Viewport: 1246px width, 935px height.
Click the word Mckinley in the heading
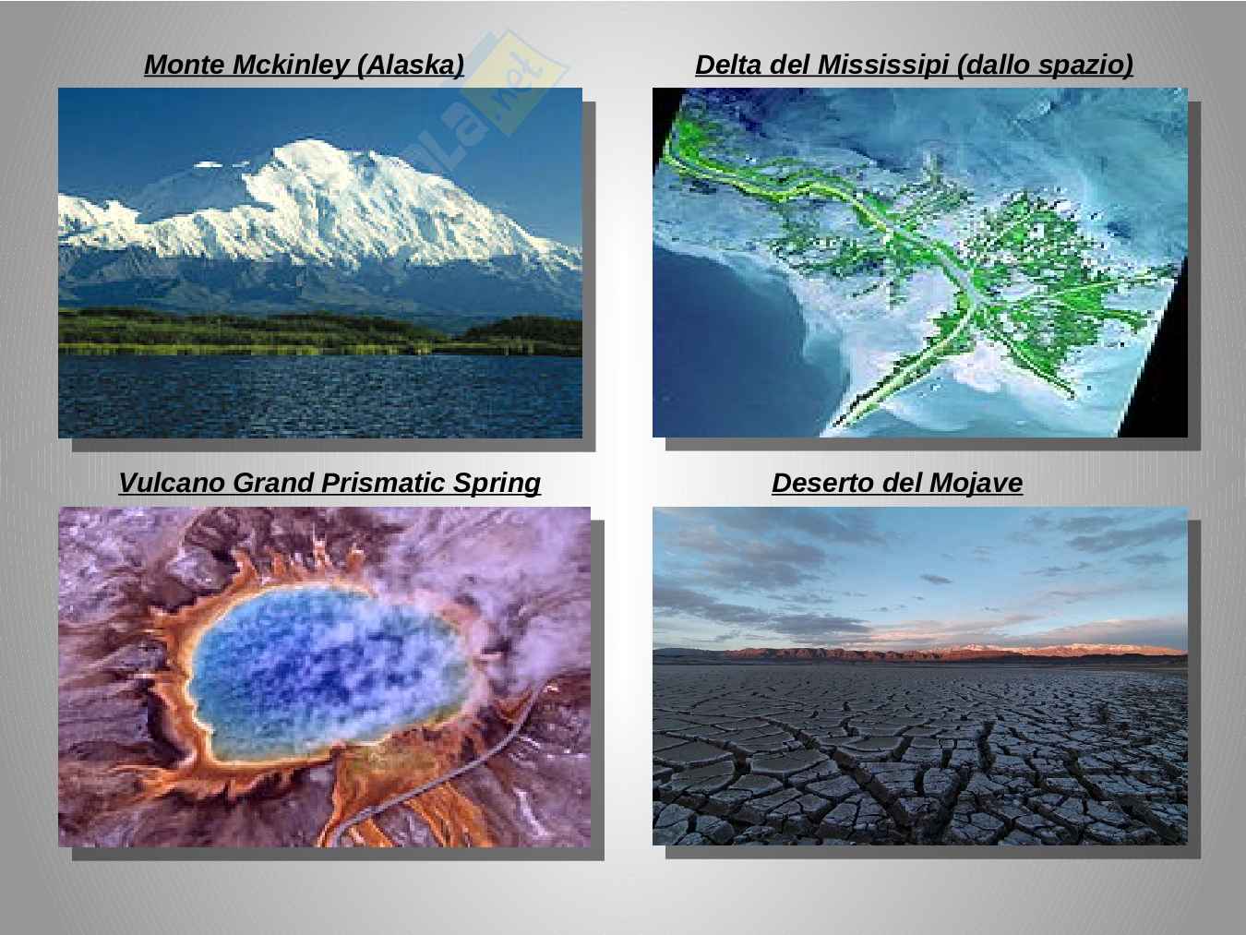(291, 65)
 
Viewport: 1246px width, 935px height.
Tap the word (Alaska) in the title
(411, 65)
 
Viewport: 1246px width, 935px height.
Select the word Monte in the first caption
(186, 65)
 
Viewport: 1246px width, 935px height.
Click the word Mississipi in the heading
(882, 65)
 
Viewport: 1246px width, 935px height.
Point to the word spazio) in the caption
(1086, 66)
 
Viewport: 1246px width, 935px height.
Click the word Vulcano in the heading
(173, 483)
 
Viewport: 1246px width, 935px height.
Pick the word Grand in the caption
(273, 483)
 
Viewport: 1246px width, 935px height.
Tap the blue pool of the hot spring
(329, 670)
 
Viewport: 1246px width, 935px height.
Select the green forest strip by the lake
(320, 334)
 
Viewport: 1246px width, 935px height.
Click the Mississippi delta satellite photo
(919, 262)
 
